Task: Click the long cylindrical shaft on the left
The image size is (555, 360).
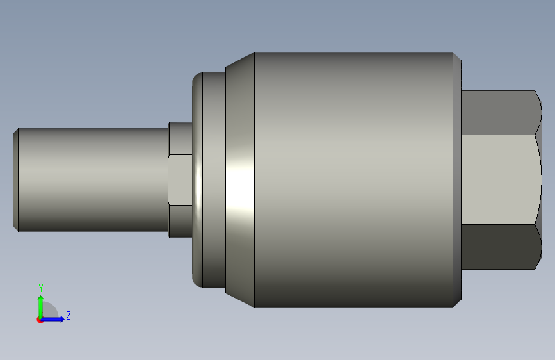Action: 93,180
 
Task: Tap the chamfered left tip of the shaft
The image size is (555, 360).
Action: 15,180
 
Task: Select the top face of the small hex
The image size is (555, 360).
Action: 181,138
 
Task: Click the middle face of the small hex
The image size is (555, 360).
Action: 181,179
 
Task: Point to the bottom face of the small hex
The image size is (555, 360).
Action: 181,221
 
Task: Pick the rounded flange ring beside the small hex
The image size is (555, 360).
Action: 198,179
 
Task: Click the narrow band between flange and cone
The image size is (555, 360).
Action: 214,179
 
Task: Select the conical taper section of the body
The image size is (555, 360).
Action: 240,179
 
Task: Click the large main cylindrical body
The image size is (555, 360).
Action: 353,179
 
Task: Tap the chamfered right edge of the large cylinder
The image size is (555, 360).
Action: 457,179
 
